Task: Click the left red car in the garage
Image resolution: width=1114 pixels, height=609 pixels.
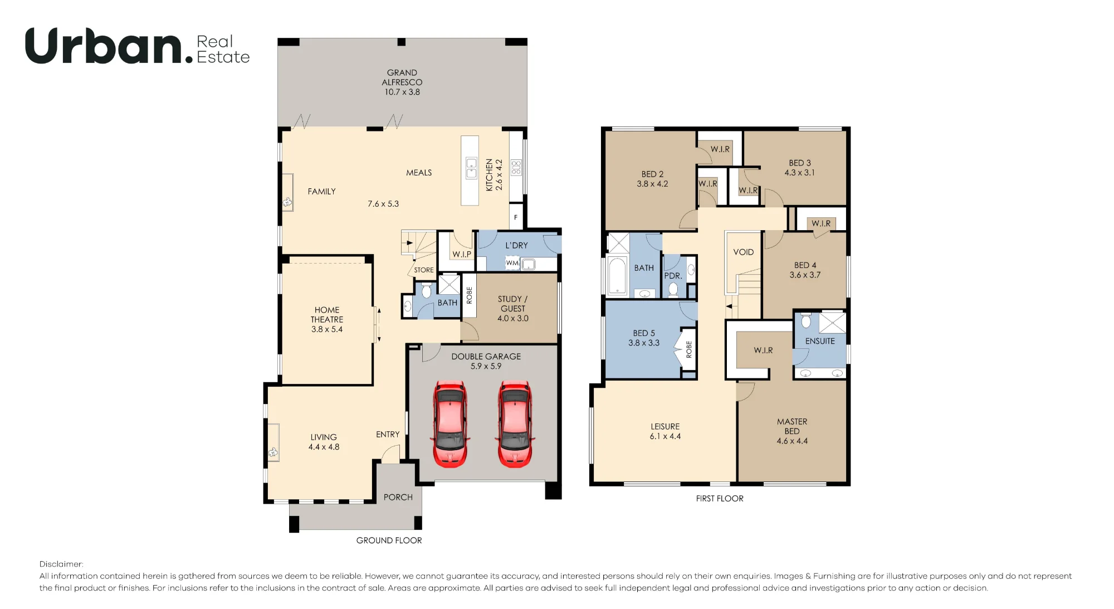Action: [x=451, y=423]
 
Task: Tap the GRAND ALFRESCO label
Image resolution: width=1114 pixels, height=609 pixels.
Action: [x=402, y=77]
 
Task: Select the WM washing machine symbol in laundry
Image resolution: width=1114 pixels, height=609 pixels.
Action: [x=512, y=263]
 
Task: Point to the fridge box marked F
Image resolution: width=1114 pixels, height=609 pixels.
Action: [x=516, y=217]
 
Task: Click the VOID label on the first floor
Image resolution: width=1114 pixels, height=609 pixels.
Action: [x=744, y=252]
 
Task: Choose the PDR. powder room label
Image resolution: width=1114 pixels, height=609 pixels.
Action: [x=673, y=276]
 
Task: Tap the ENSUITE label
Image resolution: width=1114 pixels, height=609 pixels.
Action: [x=820, y=341]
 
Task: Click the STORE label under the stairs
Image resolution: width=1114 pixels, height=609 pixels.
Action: [x=424, y=270]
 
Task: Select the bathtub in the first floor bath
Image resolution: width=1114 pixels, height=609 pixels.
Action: [x=617, y=275]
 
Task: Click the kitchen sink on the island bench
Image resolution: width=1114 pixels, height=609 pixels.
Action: [x=471, y=168]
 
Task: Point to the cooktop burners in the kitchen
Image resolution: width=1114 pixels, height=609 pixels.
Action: [x=516, y=167]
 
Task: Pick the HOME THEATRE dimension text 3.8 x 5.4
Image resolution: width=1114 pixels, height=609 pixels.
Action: [x=327, y=329]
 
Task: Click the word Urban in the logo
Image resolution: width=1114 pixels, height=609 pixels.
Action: [x=104, y=46]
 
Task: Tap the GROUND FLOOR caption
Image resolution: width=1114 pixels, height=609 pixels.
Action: [x=389, y=540]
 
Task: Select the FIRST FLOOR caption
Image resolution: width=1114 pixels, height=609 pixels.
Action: [x=720, y=499]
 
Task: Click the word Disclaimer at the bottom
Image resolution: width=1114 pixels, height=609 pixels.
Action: [x=61, y=564]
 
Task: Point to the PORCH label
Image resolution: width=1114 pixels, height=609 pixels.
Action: [x=398, y=497]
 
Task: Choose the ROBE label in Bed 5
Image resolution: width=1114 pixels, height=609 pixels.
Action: [x=689, y=349]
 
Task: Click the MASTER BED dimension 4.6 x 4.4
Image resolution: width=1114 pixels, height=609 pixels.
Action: [x=792, y=441]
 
